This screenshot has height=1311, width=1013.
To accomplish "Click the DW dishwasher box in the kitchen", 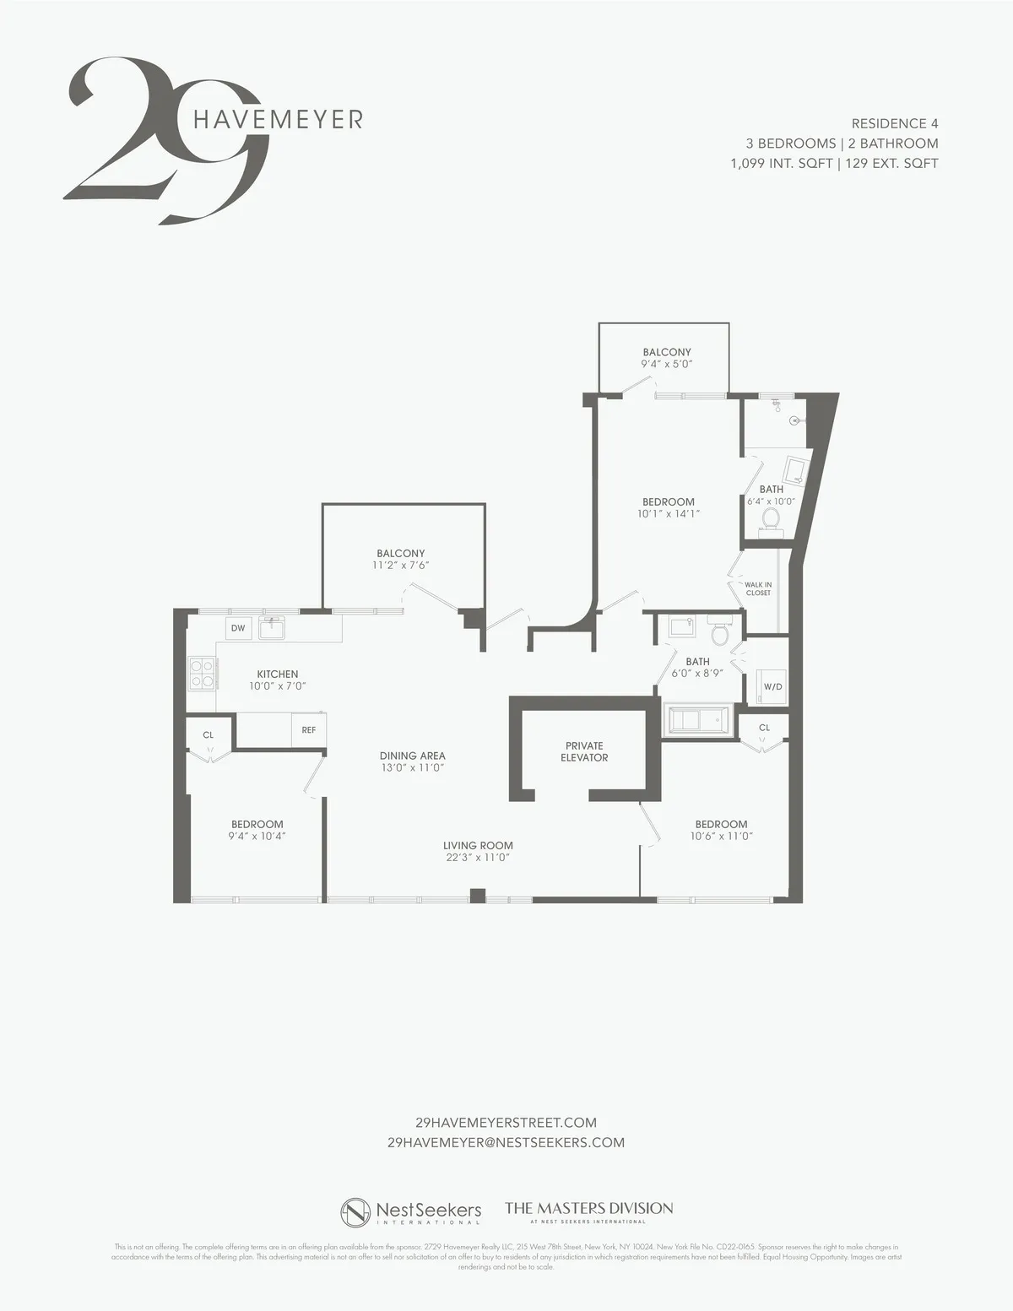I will [x=238, y=628].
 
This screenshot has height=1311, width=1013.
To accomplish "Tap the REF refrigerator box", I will [x=309, y=729].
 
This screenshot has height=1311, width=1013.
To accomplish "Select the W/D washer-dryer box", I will [x=772, y=686].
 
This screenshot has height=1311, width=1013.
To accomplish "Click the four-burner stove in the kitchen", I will [x=202, y=673].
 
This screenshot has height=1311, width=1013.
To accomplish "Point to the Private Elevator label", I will [x=584, y=751].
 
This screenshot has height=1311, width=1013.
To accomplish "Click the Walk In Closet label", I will [x=757, y=588].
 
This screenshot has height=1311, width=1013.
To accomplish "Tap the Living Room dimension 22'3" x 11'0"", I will [x=478, y=858].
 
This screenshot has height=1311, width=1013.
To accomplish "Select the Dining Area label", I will [x=412, y=756].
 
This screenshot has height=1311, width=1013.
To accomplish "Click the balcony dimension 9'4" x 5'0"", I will [x=667, y=365].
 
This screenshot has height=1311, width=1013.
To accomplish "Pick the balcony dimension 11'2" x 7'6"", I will [x=401, y=566].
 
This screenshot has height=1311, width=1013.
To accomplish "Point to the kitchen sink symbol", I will [x=271, y=628].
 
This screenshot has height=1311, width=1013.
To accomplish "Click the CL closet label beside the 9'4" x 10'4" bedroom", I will [x=209, y=734].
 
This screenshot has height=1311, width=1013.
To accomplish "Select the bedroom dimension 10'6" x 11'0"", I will [x=721, y=837].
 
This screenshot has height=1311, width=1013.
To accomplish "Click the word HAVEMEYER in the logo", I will [x=278, y=119].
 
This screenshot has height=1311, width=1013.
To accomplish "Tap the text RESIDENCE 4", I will [x=894, y=123].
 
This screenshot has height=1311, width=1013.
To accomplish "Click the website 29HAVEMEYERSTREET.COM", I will [x=506, y=1123].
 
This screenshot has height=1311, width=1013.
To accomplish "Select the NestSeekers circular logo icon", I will [x=355, y=1212].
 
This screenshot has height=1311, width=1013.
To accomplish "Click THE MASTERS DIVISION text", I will [x=588, y=1208].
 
